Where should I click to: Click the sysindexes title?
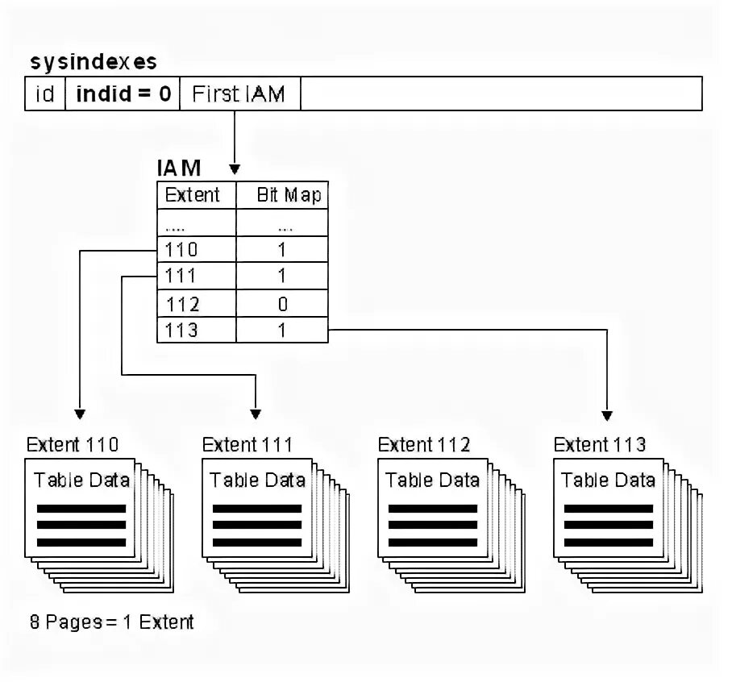tap(94, 62)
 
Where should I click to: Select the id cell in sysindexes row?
tap(45, 94)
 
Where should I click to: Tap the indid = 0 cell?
tap(123, 94)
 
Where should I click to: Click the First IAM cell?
tap(239, 94)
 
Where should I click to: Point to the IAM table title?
tap(178, 168)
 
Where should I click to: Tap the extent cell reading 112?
tap(182, 304)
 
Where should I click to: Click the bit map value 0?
tap(282, 304)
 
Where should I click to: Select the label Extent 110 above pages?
tap(73, 444)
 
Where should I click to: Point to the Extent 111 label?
tap(247, 444)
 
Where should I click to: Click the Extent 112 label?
tap(424, 444)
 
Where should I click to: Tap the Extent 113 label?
tap(600, 444)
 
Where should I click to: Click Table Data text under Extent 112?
tap(432, 480)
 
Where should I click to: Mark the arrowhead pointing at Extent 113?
tap(606, 415)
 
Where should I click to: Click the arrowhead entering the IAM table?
tap(235, 169)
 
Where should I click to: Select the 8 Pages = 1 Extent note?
tap(111, 622)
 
